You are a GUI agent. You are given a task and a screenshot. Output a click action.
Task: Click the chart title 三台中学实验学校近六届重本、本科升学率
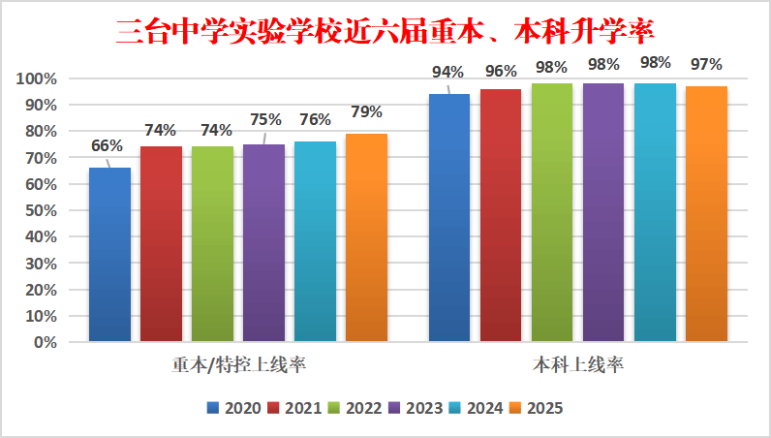click(x=385, y=31)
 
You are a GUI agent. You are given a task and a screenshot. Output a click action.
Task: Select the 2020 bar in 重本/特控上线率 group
click(x=109, y=254)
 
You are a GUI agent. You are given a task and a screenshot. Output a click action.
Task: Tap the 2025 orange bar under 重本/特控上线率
click(x=366, y=237)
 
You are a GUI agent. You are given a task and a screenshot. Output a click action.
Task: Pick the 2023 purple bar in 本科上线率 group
click(x=603, y=212)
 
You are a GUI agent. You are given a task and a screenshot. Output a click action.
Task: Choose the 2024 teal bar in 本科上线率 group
click(x=655, y=212)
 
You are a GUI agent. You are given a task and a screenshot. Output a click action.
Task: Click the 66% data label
click(x=107, y=146)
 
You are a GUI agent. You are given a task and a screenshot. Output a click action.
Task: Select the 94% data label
click(x=448, y=72)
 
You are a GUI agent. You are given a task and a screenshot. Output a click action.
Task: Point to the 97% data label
click(x=706, y=65)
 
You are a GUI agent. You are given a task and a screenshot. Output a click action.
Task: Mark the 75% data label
click(x=264, y=120)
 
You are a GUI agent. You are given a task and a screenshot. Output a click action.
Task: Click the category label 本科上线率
click(x=577, y=365)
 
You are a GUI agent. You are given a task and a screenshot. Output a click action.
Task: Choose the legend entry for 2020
click(x=234, y=408)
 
